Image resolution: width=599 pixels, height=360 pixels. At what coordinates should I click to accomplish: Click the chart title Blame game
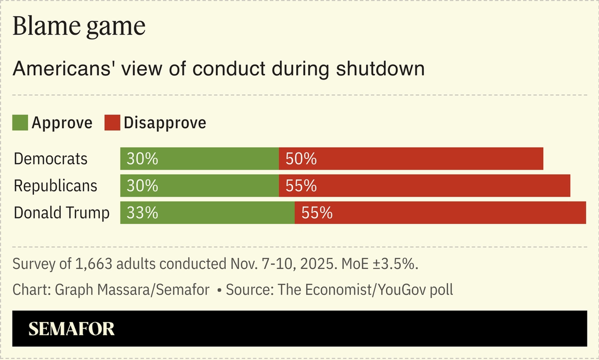[x=79, y=27]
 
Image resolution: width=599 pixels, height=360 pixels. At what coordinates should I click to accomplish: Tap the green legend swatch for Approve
[x=20, y=123]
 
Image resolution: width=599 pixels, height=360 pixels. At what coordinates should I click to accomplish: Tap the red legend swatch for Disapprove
[x=112, y=123]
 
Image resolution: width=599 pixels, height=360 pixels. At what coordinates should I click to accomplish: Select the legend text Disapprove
[x=165, y=123]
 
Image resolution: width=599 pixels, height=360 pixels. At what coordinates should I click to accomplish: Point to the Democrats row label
[x=50, y=159]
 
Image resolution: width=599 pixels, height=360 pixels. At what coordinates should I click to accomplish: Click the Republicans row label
[x=55, y=186]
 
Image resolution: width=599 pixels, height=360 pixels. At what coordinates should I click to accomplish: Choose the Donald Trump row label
[x=61, y=213]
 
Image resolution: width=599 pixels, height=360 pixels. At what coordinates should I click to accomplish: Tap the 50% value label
[x=301, y=159]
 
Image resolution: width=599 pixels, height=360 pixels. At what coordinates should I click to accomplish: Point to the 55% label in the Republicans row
[x=301, y=186]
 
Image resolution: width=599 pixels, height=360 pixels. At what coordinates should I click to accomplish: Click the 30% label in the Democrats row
[x=142, y=159]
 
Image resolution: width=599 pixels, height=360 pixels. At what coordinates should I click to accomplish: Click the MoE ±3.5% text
[x=380, y=264]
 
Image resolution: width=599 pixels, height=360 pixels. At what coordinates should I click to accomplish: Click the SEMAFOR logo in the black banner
[x=71, y=329]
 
